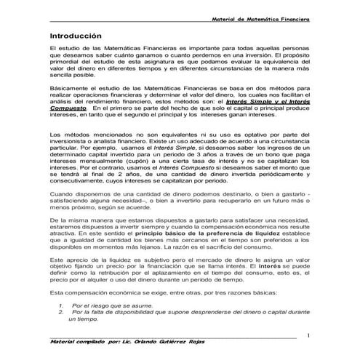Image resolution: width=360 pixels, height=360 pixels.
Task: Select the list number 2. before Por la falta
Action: (59, 314)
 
